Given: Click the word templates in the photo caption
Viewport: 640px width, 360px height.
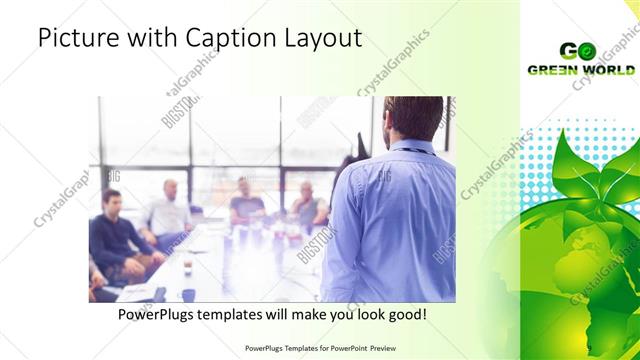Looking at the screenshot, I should click(x=242, y=314).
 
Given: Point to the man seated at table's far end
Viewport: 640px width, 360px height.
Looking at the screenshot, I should click(x=245, y=201).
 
